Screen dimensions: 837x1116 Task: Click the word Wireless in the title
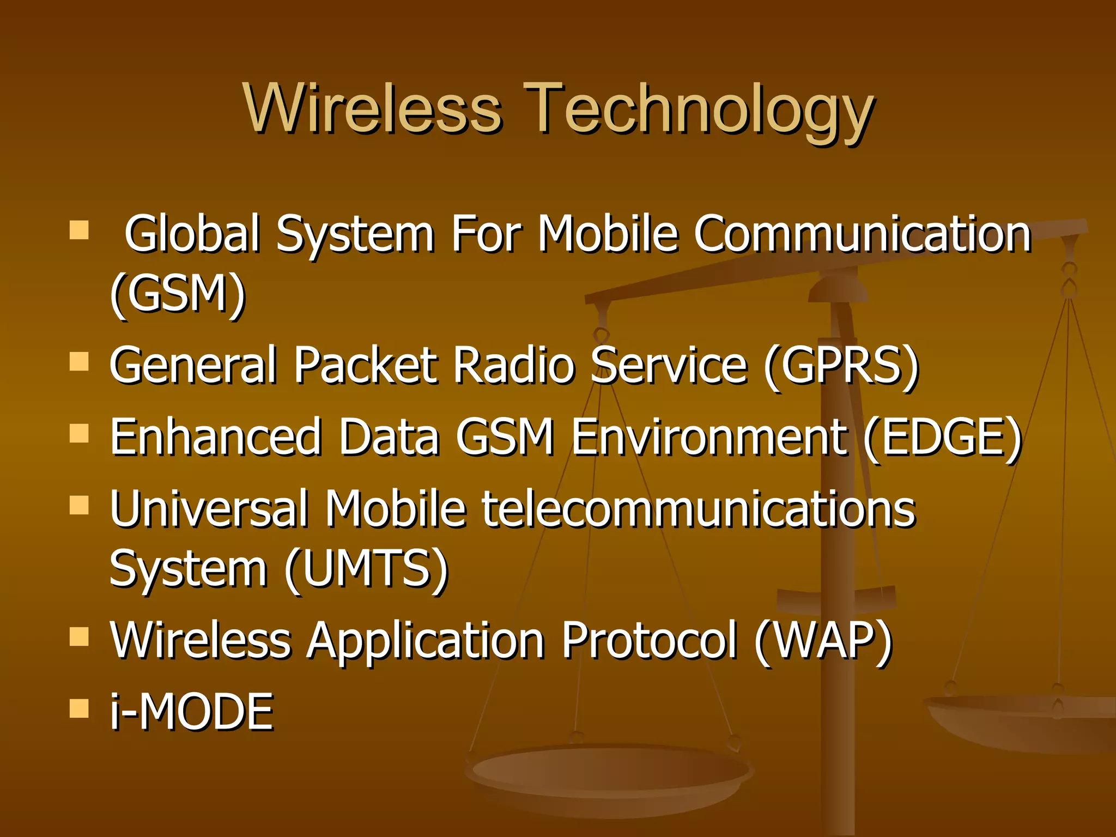373,109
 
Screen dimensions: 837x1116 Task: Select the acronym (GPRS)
841,365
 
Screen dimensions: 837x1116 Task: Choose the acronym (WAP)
823,641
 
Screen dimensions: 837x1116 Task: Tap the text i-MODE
191,712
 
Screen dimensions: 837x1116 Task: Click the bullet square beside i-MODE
80,708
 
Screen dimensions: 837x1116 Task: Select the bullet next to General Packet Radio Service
80,361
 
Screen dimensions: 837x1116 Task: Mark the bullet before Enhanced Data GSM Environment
80,433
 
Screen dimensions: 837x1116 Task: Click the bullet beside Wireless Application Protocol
80,636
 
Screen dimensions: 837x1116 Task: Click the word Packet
366,365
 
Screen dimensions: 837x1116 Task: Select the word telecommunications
698,509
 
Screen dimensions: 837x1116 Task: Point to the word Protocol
649,641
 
